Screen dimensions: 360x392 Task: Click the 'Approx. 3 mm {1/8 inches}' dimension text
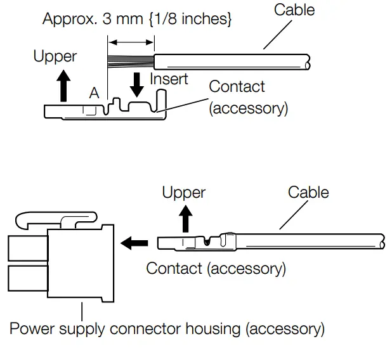tap(137, 18)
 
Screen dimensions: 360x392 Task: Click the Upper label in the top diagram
tap(55, 56)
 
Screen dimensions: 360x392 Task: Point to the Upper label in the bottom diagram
tap(184, 192)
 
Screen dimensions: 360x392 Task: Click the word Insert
tap(169, 79)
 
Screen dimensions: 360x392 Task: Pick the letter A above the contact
tap(94, 93)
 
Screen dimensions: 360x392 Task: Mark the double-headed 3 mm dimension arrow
tap(131, 42)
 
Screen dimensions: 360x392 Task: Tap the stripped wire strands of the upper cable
tap(131, 60)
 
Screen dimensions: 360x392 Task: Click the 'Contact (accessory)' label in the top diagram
tap(248, 97)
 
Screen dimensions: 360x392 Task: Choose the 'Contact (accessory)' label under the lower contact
tap(216, 268)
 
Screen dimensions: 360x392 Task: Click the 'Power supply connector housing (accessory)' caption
tap(167, 329)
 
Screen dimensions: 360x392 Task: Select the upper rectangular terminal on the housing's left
tap(19, 247)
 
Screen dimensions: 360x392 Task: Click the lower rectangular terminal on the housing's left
tap(19, 279)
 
